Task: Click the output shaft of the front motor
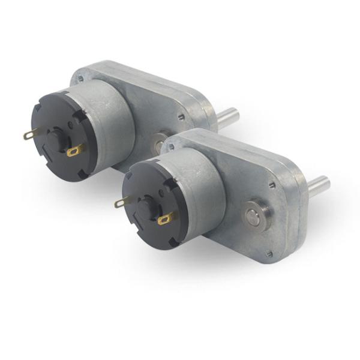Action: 319,183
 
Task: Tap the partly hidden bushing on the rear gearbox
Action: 158,143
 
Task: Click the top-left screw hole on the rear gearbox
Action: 80,78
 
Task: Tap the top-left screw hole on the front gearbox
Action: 172,146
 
